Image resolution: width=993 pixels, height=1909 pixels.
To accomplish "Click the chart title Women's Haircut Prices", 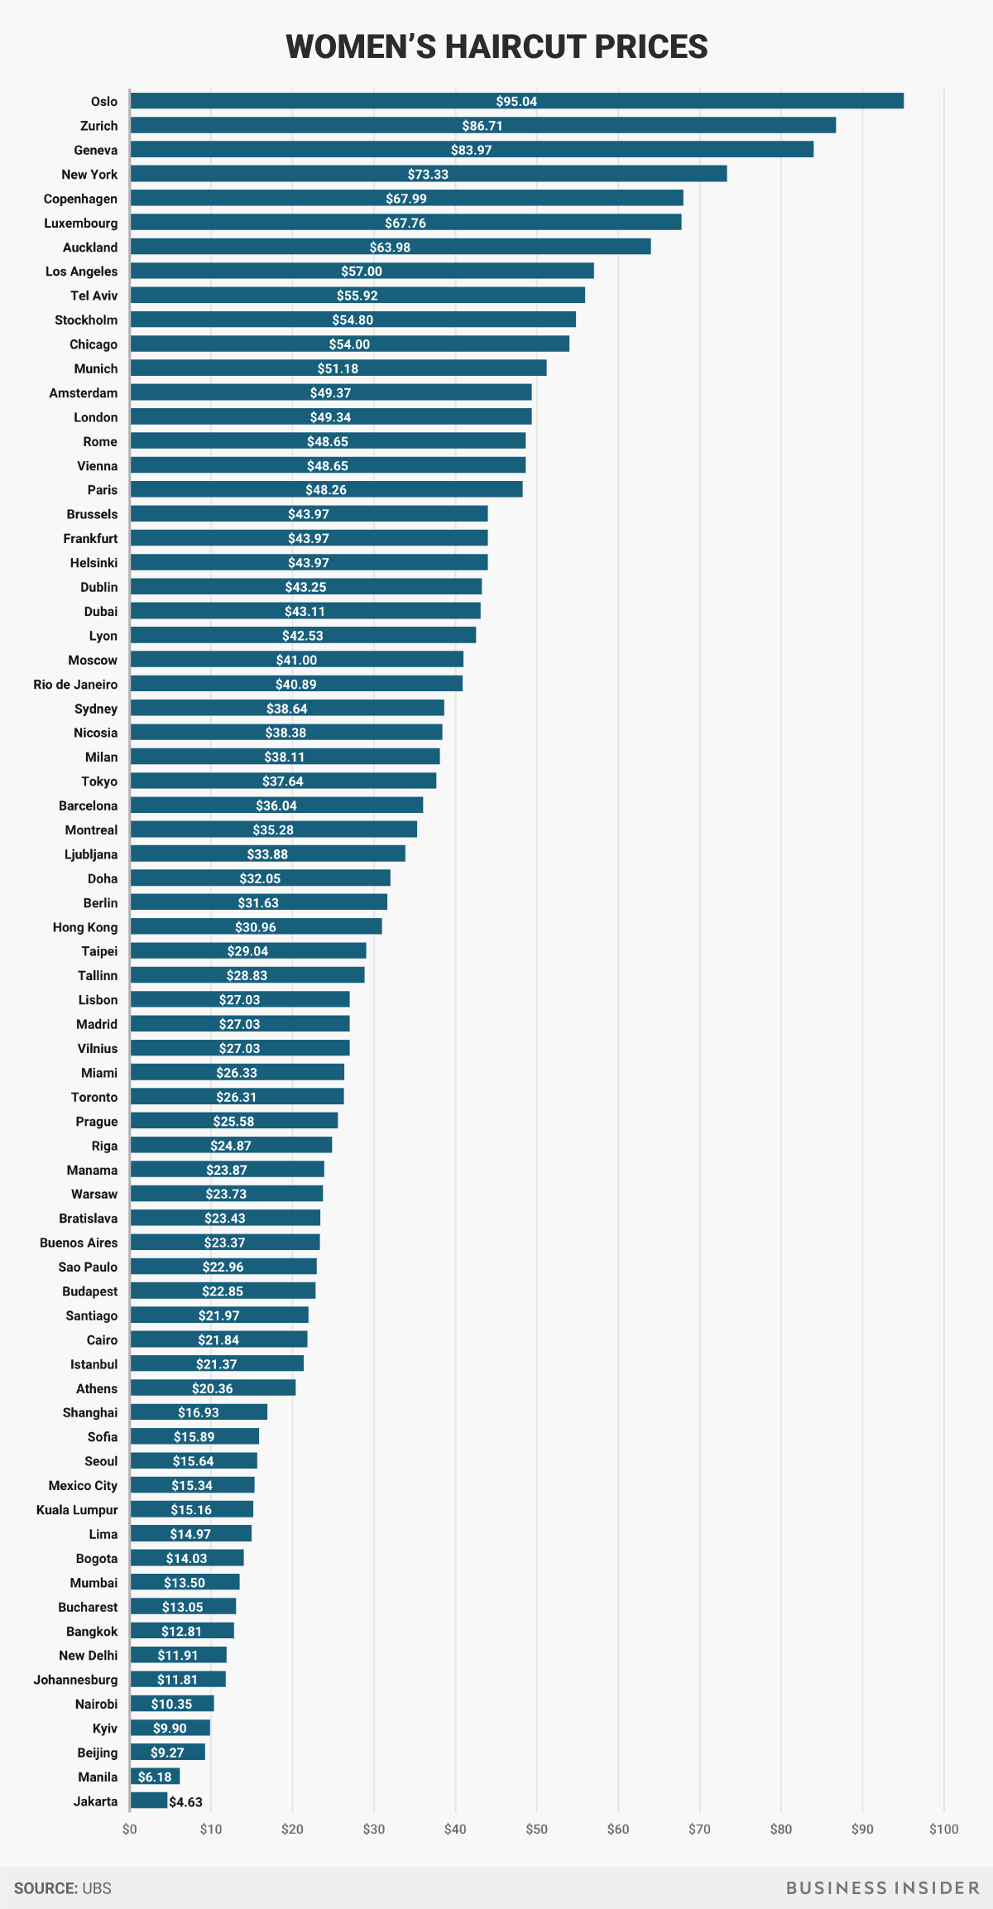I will pyautogui.click(x=496, y=47).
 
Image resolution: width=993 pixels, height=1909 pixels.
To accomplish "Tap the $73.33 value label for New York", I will pyautogui.click(x=428, y=175).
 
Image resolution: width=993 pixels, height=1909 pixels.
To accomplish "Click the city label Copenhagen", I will pyautogui.click(x=80, y=199).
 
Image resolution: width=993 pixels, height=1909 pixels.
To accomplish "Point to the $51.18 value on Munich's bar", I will pyautogui.click(x=338, y=368).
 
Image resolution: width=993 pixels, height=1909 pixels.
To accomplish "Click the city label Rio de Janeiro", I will pyautogui.click(x=75, y=685).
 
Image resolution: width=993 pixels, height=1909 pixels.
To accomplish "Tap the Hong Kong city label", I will pyautogui.click(x=85, y=927).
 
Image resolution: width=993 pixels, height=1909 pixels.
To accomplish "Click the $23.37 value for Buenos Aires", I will pyautogui.click(x=224, y=1243).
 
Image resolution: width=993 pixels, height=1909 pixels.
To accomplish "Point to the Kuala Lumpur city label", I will pyautogui.click(x=77, y=1510).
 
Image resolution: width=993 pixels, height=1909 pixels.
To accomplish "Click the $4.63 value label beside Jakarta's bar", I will pyautogui.click(x=185, y=1802).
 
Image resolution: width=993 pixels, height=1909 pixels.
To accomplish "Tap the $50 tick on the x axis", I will pyautogui.click(x=536, y=1829).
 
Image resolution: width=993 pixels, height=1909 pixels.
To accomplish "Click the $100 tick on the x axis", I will pyautogui.click(x=943, y=1829).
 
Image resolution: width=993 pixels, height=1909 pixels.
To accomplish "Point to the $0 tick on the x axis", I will pyautogui.click(x=130, y=1829).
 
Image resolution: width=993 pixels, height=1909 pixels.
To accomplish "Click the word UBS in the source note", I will pyautogui.click(x=97, y=1888).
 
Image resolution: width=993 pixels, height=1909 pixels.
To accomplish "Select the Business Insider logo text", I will pyautogui.click(x=882, y=1887).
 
